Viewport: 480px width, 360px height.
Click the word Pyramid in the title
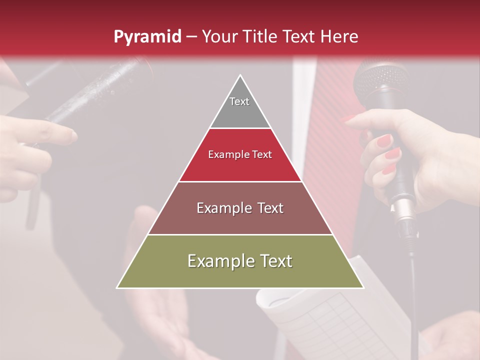click(x=147, y=37)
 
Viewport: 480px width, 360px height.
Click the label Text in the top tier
click(x=239, y=101)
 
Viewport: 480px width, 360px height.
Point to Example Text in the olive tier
click(x=240, y=261)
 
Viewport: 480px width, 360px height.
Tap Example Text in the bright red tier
click(x=240, y=154)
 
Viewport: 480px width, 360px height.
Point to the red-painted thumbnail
click(x=383, y=141)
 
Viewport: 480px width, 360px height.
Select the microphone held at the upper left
click(x=100, y=90)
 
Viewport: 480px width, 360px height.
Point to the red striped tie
click(x=332, y=150)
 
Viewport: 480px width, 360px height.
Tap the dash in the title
click(x=191, y=37)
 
